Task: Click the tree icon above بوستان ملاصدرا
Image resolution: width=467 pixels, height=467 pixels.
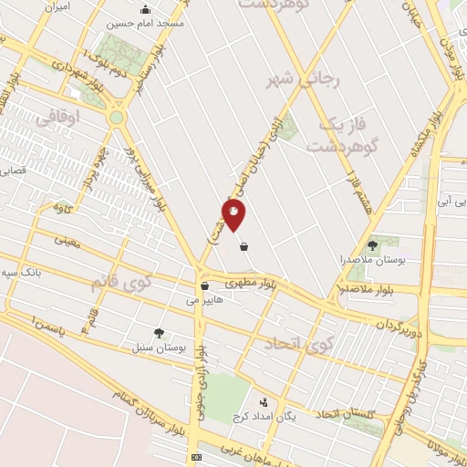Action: tap(371, 244)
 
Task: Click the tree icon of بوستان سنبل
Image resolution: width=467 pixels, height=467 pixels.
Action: tap(160, 333)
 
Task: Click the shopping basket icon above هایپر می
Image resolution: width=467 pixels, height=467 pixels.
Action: tap(203, 285)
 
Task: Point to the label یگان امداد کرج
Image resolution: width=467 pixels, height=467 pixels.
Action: tap(254, 417)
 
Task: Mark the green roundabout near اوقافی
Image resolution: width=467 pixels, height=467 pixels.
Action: tap(117, 117)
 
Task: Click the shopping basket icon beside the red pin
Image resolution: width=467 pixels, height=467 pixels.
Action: tap(244, 244)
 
